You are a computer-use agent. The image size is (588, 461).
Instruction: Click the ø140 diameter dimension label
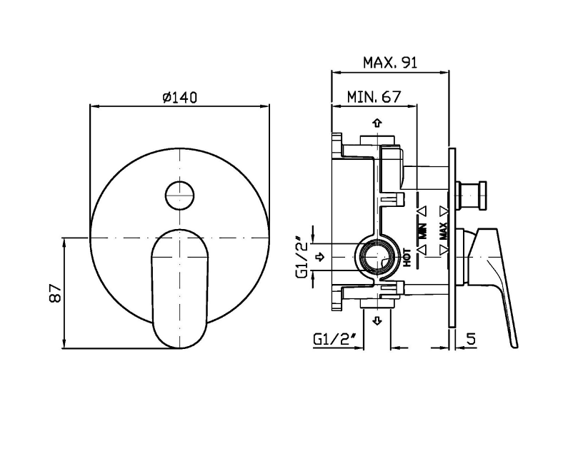(179, 97)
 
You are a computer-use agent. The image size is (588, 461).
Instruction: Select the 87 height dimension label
(55, 293)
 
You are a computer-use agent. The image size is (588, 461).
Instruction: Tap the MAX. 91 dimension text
(390, 62)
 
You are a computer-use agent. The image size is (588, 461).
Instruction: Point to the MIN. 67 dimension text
(374, 97)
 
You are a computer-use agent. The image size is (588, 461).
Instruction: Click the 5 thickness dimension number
(471, 338)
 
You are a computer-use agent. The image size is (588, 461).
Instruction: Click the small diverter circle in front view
(180, 195)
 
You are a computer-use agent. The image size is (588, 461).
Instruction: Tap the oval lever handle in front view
(179, 288)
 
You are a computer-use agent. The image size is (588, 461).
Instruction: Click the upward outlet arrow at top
(377, 123)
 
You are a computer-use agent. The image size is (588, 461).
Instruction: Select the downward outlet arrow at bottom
(377, 320)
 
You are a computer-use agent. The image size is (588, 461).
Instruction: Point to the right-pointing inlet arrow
(320, 257)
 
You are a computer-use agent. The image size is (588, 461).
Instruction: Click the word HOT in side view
(407, 258)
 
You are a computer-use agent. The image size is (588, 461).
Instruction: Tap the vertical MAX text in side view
(443, 230)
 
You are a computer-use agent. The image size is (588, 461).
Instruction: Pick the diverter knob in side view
(471, 195)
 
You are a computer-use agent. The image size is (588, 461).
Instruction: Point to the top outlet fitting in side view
(377, 140)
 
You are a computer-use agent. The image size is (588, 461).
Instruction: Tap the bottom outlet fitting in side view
(377, 304)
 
